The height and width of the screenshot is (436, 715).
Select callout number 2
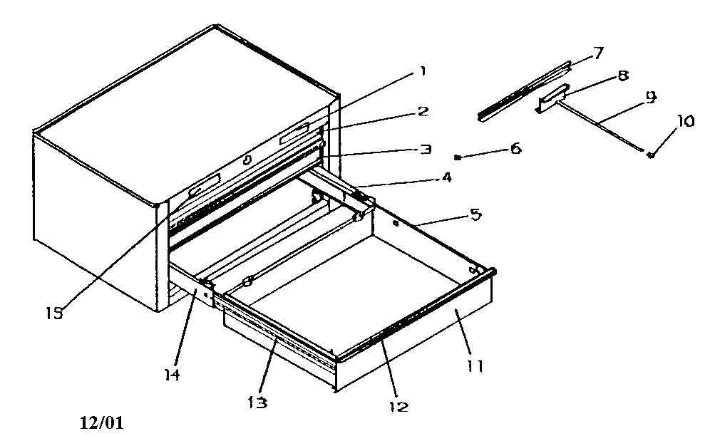tap(423, 112)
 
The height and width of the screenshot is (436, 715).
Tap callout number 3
tap(425, 150)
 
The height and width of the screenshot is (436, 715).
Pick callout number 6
tap(515, 149)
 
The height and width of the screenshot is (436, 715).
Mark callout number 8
tap(623, 76)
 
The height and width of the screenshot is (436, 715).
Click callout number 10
tap(685, 121)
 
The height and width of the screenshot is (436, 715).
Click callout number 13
tap(258, 402)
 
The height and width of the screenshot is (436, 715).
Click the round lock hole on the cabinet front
tap(247, 160)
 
